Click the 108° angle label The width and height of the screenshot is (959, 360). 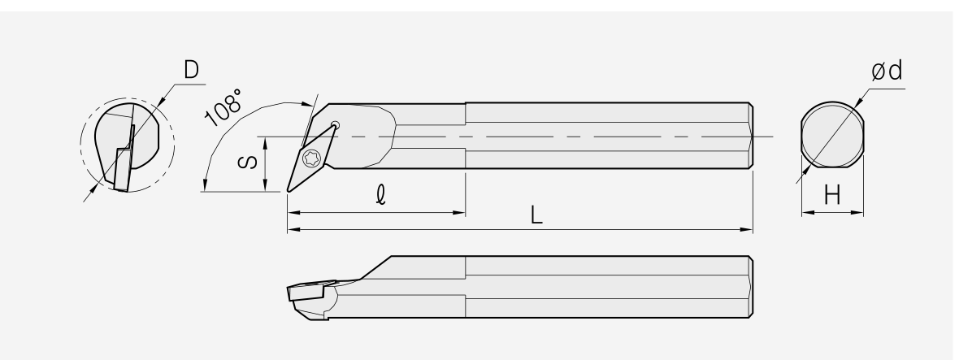[223, 107]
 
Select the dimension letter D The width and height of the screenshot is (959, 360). [192, 70]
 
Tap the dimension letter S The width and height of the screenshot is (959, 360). [247, 162]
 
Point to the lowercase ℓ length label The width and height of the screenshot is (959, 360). [381, 195]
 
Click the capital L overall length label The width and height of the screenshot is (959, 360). [536, 215]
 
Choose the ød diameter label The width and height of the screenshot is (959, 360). [887, 71]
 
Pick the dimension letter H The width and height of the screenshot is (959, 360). [831, 196]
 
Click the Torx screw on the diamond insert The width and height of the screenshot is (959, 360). [310, 158]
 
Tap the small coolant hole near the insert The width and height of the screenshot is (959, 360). [335, 126]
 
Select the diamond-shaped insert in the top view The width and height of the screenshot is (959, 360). [312, 158]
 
